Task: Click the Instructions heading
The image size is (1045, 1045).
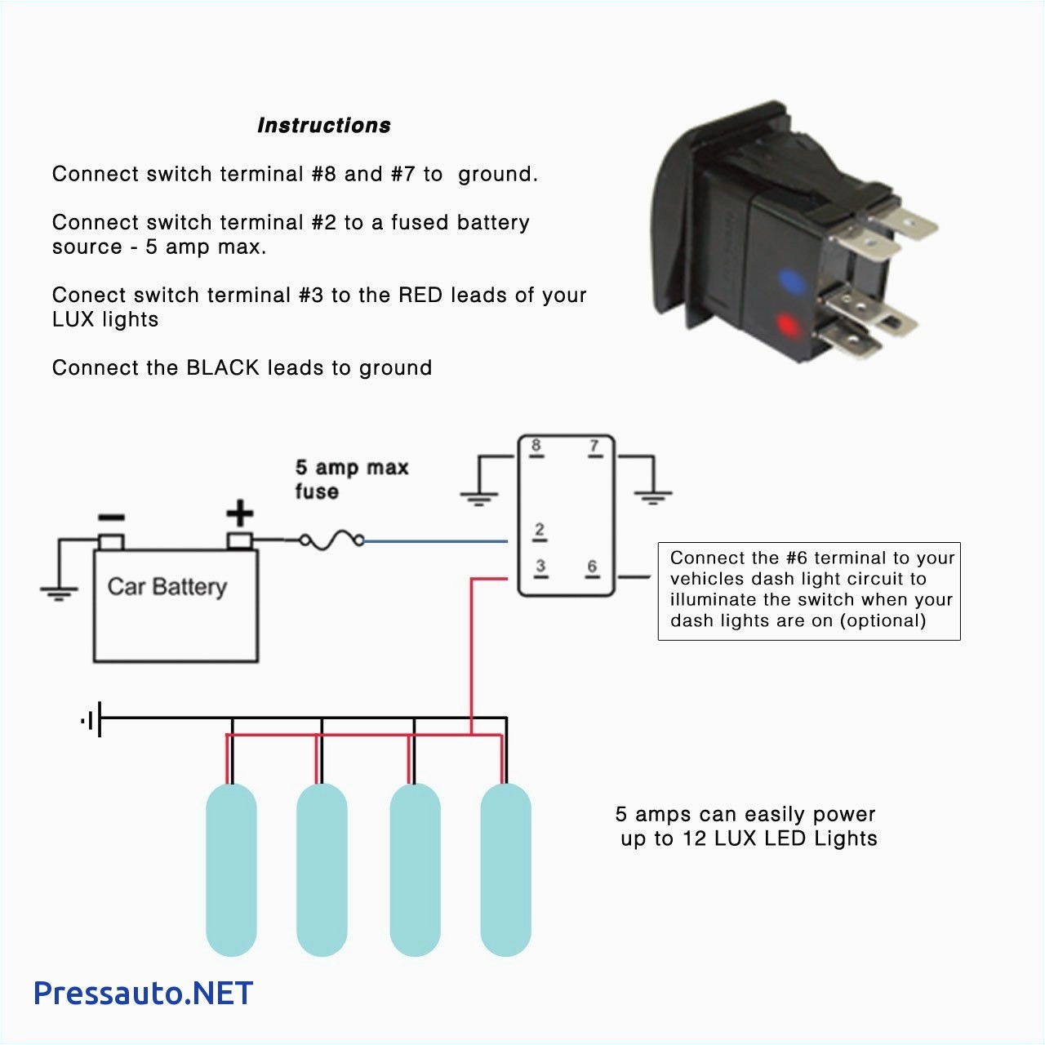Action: click(x=323, y=125)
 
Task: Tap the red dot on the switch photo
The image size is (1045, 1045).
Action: click(x=788, y=326)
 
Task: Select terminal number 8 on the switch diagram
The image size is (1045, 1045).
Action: click(x=536, y=447)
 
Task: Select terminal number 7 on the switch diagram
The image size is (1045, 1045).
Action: click(x=594, y=447)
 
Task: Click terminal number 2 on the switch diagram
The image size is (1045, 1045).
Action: click(x=540, y=531)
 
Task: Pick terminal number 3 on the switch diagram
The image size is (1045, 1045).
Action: click(x=540, y=567)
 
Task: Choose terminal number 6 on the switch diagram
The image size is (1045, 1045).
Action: click(x=592, y=567)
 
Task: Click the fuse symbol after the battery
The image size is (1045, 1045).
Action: click(x=331, y=540)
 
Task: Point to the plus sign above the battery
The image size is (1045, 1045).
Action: click(x=239, y=514)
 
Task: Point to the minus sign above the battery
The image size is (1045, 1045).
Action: click(x=111, y=518)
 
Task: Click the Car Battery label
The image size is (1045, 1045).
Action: click(x=167, y=586)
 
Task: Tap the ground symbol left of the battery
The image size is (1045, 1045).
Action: click(x=59, y=592)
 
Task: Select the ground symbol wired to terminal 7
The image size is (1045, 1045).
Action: click(x=652, y=496)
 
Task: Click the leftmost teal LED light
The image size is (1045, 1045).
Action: click(x=231, y=869)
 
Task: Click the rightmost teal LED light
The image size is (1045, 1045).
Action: click(x=505, y=869)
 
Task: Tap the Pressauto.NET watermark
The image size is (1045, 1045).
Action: click(x=143, y=993)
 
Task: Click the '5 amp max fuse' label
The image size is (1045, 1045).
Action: click(x=351, y=479)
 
